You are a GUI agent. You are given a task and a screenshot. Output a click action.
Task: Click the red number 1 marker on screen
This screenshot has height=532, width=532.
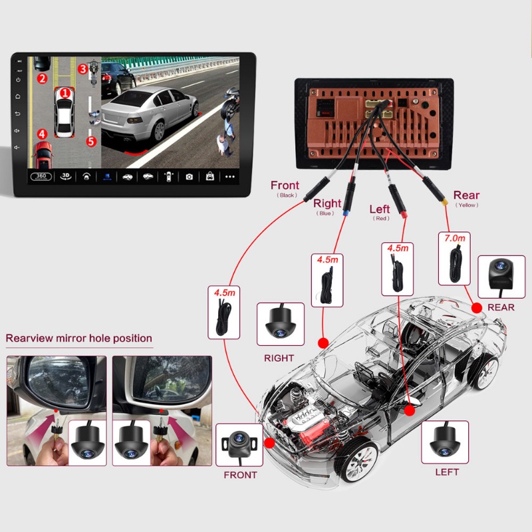point(65,94)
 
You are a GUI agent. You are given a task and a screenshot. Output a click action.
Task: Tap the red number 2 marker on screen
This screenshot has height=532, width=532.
point(42,78)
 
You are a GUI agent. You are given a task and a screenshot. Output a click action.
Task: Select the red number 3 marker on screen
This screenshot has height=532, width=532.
point(82,68)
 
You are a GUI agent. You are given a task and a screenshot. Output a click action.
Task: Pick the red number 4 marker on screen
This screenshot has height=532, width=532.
point(42,134)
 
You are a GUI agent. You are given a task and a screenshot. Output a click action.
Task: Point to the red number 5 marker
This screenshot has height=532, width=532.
point(91,141)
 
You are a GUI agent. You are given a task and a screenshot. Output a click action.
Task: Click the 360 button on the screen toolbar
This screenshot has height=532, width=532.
point(41,177)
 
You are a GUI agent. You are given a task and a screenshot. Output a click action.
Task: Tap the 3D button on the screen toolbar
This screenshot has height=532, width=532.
point(65,177)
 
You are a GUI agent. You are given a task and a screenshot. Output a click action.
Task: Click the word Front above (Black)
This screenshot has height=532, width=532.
point(285,186)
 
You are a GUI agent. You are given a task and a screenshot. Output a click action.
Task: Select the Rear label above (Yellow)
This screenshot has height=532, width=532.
point(466,196)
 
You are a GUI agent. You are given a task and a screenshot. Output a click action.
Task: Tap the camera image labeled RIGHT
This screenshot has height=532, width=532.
point(280,324)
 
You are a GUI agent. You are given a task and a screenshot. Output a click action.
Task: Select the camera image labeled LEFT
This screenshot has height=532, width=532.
point(446,441)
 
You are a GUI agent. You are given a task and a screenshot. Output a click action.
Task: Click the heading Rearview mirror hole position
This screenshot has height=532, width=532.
point(79,338)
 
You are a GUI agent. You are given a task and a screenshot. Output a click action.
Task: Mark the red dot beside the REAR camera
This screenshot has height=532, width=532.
point(476,307)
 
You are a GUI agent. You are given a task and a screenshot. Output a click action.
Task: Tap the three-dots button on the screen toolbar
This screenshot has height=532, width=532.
point(230,177)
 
